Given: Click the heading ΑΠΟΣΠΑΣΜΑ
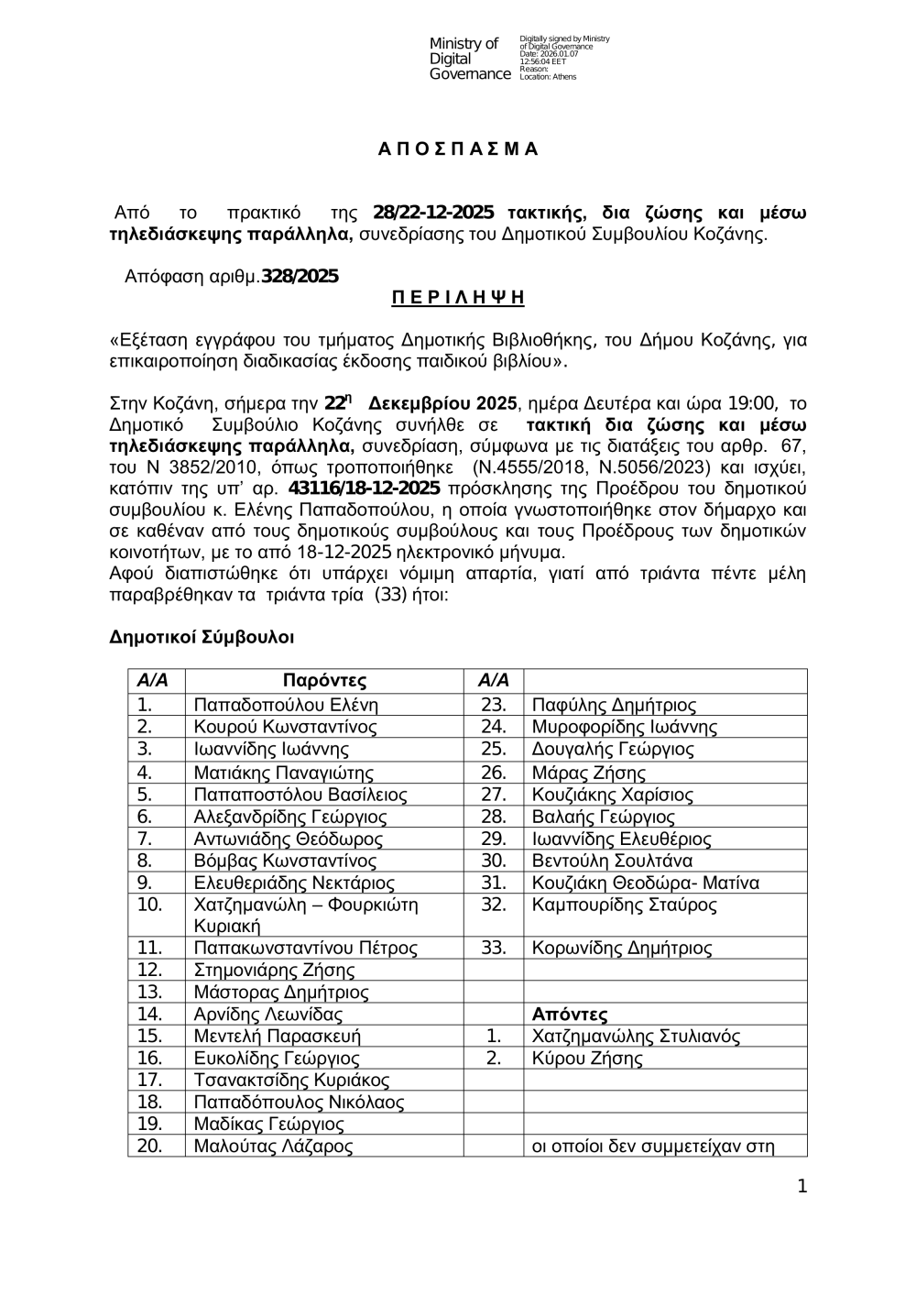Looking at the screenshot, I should click(x=458, y=149).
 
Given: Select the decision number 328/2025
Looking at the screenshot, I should click(x=300, y=276).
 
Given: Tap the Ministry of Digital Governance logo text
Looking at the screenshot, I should click(x=469, y=59).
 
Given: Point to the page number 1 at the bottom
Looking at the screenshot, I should click(x=802, y=1188).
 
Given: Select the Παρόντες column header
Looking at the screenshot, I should click(x=324, y=681).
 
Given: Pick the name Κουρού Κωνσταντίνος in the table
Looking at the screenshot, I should click(x=285, y=727).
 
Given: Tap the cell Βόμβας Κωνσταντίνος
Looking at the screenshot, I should click(x=285, y=861).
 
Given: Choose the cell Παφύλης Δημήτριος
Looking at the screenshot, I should click(x=614, y=705).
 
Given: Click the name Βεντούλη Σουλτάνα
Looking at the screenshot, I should click(x=612, y=861).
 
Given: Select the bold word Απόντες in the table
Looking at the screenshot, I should click(x=570, y=1015).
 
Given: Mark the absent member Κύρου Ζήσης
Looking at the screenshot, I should click(x=587, y=1059).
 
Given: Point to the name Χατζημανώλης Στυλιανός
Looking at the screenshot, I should click(x=636, y=1037).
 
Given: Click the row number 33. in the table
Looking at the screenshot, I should click(x=494, y=949).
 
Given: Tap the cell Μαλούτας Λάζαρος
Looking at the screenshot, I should click(x=273, y=1147).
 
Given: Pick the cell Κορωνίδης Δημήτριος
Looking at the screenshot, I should click(x=621, y=949).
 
